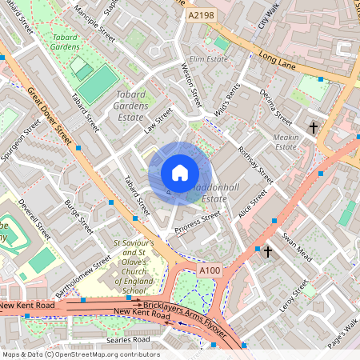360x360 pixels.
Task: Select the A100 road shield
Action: tap(210, 271)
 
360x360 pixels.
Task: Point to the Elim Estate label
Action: tap(210, 59)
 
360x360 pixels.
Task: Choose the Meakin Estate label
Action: tap(286, 142)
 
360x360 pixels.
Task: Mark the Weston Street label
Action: tap(194, 86)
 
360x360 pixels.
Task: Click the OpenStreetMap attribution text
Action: tap(80, 354)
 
